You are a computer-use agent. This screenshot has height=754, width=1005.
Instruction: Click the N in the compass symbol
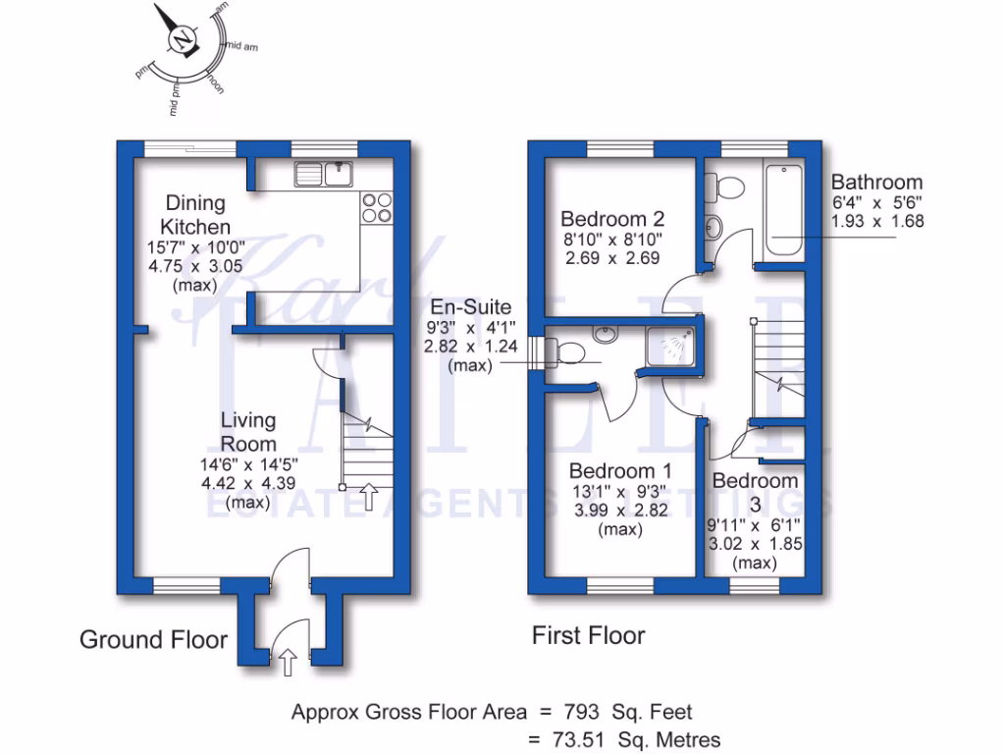pos(182,40)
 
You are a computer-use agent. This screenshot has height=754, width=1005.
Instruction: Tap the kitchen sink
pos(324,173)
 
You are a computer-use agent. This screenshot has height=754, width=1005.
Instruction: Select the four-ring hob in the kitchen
pos(377,207)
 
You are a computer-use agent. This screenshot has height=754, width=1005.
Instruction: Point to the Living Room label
pos(249,431)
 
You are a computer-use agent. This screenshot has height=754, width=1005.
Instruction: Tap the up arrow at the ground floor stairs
pos(368,497)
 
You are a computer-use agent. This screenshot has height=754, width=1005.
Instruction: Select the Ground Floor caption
pos(153,640)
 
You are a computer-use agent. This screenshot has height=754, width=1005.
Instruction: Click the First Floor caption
pos(588,635)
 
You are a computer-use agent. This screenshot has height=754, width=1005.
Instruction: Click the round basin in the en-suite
pos(605,335)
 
